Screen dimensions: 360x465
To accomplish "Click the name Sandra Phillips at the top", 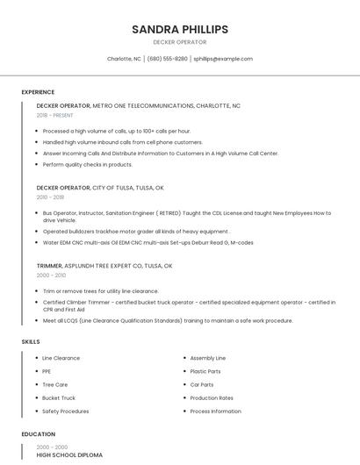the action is point(180,29).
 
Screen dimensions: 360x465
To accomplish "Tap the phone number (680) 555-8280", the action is point(167,59).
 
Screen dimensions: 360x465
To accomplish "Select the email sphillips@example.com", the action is point(223,59).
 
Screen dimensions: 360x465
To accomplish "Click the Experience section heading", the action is point(38,92).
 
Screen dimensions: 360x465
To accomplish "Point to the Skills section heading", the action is point(30,341).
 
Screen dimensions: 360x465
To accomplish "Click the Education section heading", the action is point(38,434).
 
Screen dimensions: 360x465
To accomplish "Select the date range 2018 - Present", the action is point(55,115).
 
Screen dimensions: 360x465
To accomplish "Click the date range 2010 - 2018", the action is point(50,197).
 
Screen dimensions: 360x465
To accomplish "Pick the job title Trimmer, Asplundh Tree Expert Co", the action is point(104,265).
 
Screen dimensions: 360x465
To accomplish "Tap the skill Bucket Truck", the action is point(59,397).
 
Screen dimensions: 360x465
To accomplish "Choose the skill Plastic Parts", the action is point(205,371).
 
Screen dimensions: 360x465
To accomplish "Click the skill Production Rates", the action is point(212,397).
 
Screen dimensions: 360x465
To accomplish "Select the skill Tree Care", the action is point(54,384).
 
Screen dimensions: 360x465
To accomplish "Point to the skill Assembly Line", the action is point(208,358).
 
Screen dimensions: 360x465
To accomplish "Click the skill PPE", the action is point(47,371).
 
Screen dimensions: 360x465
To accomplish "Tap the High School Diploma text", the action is point(69,455).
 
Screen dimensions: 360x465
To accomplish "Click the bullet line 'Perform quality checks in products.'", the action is point(88,164).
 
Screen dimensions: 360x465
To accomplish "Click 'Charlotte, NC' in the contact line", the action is point(124,59).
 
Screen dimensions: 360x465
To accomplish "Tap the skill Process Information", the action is point(215,411).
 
